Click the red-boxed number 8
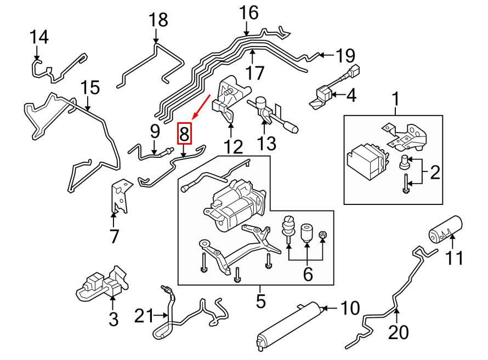click(x=184, y=134)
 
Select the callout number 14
click(x=39, y=37)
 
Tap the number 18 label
click(x=158, y=20)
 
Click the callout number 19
click(x=345, y=56)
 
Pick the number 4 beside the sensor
click(x=351, y=95)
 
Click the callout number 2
click(x=435, y=173)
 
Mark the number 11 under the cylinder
click(x=454, y=258)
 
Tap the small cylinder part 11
click(x=446, y=229)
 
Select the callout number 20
click(x=399, y=332)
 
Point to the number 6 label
click(x=308, y=274)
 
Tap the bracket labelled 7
click(x=121, y=196)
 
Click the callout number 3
click(x=114, y=319)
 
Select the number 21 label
click(x=144, y=316)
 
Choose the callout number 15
click(x=90, y=88)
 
